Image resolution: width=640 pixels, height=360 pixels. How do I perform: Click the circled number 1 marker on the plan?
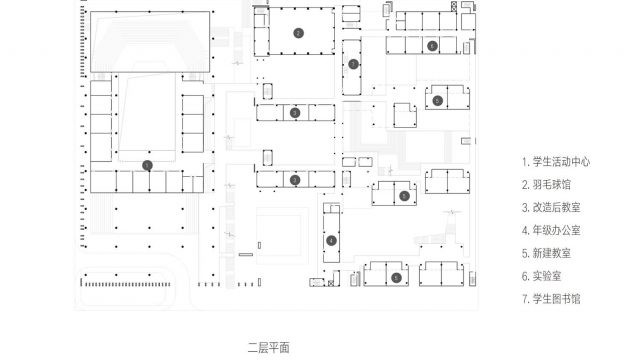pos(147,165)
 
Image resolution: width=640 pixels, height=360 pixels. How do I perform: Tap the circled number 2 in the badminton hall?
pos(298,33)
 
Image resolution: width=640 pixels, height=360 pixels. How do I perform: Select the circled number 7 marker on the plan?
pos(353,64)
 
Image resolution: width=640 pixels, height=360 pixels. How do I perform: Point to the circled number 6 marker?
pos(431,46)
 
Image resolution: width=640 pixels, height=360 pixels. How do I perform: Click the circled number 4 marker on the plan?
pos(331,241)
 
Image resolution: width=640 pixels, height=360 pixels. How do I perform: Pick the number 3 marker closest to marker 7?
pos(294,113)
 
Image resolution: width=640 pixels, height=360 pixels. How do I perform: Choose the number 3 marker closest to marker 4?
pos(294,180)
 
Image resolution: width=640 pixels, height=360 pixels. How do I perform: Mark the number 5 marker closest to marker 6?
pos(437,100)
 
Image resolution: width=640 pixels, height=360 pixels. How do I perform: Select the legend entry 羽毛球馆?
pos(549,184)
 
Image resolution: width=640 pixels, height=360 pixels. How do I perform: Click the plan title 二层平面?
pos(268,348)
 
